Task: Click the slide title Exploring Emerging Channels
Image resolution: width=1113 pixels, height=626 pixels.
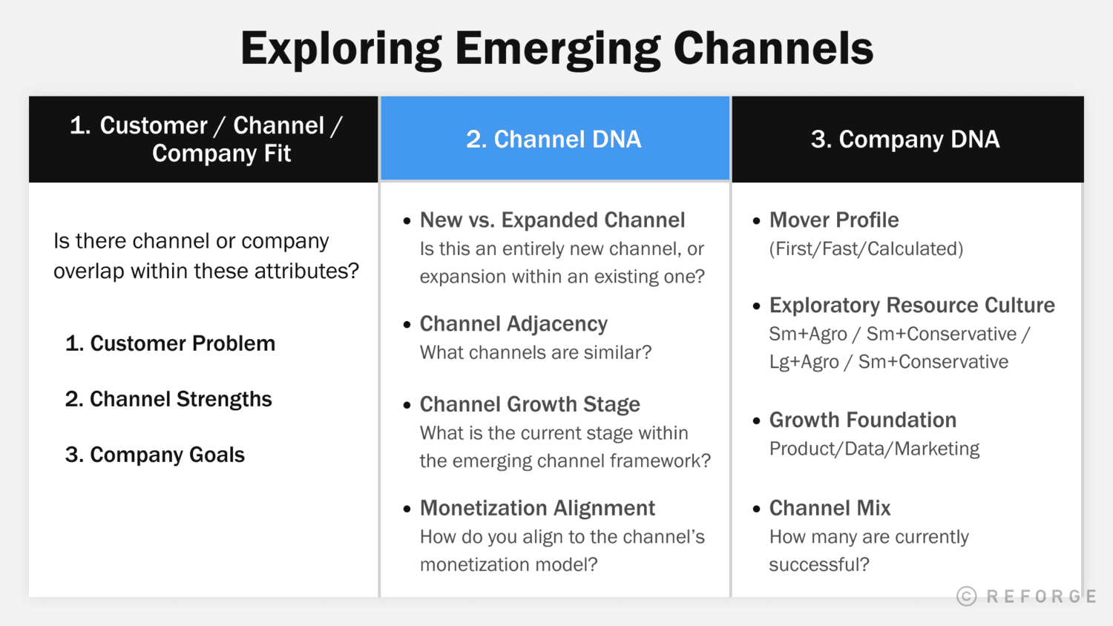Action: point(556,49)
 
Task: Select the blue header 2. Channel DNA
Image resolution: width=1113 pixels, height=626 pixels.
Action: point(554,139)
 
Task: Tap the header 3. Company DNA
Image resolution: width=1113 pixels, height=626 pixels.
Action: point(905,139)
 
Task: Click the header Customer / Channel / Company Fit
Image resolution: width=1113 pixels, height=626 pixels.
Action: point(206,139)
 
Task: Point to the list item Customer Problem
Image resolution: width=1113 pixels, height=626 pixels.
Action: point(171,343)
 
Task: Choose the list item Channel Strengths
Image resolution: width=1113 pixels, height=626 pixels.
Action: point(168,399)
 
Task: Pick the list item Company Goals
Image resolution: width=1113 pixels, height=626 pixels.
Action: point(155,455)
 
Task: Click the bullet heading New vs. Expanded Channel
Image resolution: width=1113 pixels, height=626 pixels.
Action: point(552,220)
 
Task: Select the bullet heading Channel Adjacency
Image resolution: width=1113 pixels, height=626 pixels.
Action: point(513,324)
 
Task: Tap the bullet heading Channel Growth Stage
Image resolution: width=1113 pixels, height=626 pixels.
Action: point(530,404)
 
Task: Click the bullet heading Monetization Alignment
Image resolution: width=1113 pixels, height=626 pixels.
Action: point(537,508)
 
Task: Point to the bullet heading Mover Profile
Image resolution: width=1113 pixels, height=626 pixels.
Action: point(834,220)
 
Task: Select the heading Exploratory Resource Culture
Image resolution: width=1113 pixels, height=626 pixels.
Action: point(912,306)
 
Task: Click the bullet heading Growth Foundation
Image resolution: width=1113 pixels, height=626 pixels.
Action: point(863,420)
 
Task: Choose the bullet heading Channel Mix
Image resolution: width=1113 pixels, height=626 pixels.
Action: point(830,508)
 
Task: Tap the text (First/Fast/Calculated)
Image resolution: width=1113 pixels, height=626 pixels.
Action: point(866,249)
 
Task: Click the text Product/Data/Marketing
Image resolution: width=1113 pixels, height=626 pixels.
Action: point(874,449)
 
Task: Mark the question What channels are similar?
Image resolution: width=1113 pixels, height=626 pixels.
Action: point(535,352)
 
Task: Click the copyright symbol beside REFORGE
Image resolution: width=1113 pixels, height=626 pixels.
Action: point(966,596)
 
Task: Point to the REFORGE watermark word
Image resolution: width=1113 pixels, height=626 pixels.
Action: point(1041,596)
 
